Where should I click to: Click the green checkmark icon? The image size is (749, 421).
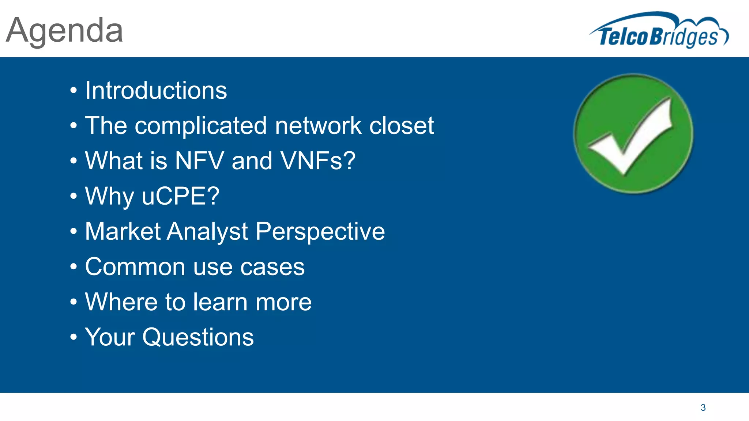[633, 134]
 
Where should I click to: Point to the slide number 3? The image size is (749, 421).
[703, 407]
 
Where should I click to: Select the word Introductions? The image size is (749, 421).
[156, 91]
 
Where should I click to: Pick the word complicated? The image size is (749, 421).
[201, 126]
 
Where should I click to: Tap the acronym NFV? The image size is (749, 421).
[200, 161]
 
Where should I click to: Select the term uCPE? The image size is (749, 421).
[180, 196]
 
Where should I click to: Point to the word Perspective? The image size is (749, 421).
[320, 232]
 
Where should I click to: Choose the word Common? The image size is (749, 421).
[135, 267]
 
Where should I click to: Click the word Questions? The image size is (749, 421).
[198, 337]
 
